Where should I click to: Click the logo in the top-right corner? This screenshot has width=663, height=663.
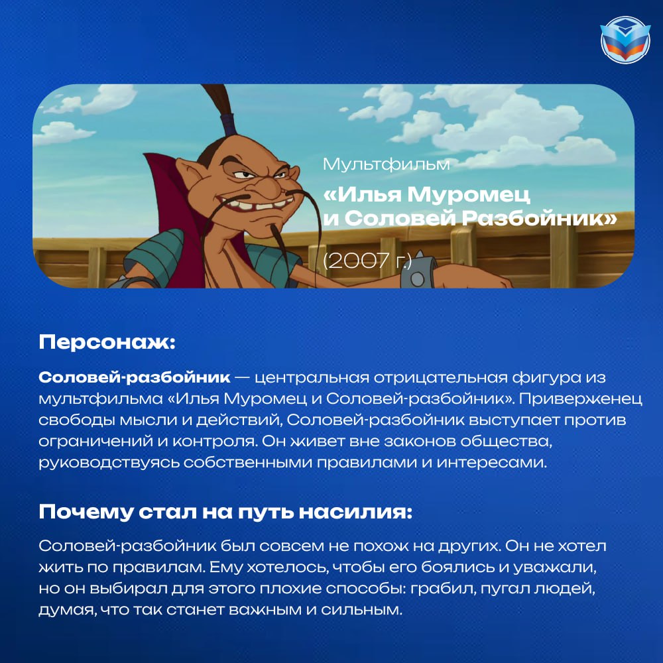click(625, 40)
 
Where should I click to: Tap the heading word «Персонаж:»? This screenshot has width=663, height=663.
click(107, 342)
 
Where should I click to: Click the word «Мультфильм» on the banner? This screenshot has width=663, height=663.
click(386, 164)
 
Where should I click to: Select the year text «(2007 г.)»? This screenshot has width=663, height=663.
click(367, 261)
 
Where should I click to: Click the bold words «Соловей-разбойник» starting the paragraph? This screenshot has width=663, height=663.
click(135, 377)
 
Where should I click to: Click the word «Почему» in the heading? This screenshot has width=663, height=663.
click(86, 512)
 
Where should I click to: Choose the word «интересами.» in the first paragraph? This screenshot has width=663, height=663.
click(492, 462)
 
